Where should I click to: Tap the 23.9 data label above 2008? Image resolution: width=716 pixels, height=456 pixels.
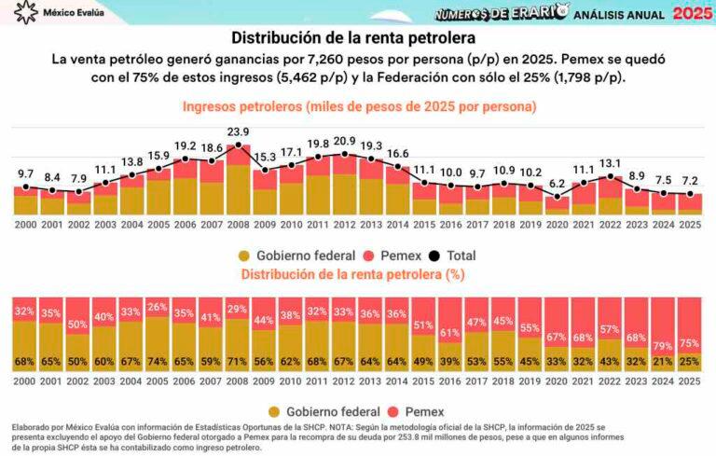[x=239, y=131]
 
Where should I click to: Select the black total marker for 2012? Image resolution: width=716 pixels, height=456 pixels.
[x=345, y=155]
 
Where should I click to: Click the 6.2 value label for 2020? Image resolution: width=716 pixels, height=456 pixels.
[x=557, y=184]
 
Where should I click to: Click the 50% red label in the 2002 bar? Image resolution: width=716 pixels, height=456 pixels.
[x=78, y=323]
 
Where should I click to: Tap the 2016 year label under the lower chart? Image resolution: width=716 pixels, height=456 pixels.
[x=450, y=380]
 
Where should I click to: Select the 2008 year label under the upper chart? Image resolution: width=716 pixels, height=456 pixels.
[x=239, y=224]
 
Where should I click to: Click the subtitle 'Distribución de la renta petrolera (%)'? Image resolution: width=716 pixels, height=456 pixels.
[x=353, y=274]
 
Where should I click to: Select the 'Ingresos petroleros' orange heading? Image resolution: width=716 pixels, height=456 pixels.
[x=359, y=106]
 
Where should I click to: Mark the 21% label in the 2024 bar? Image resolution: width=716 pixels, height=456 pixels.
[x=661, y=362]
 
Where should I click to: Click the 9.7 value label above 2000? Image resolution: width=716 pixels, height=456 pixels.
[x=25, y=173]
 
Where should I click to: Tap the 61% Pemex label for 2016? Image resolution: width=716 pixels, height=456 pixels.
[x=450, y=333]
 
